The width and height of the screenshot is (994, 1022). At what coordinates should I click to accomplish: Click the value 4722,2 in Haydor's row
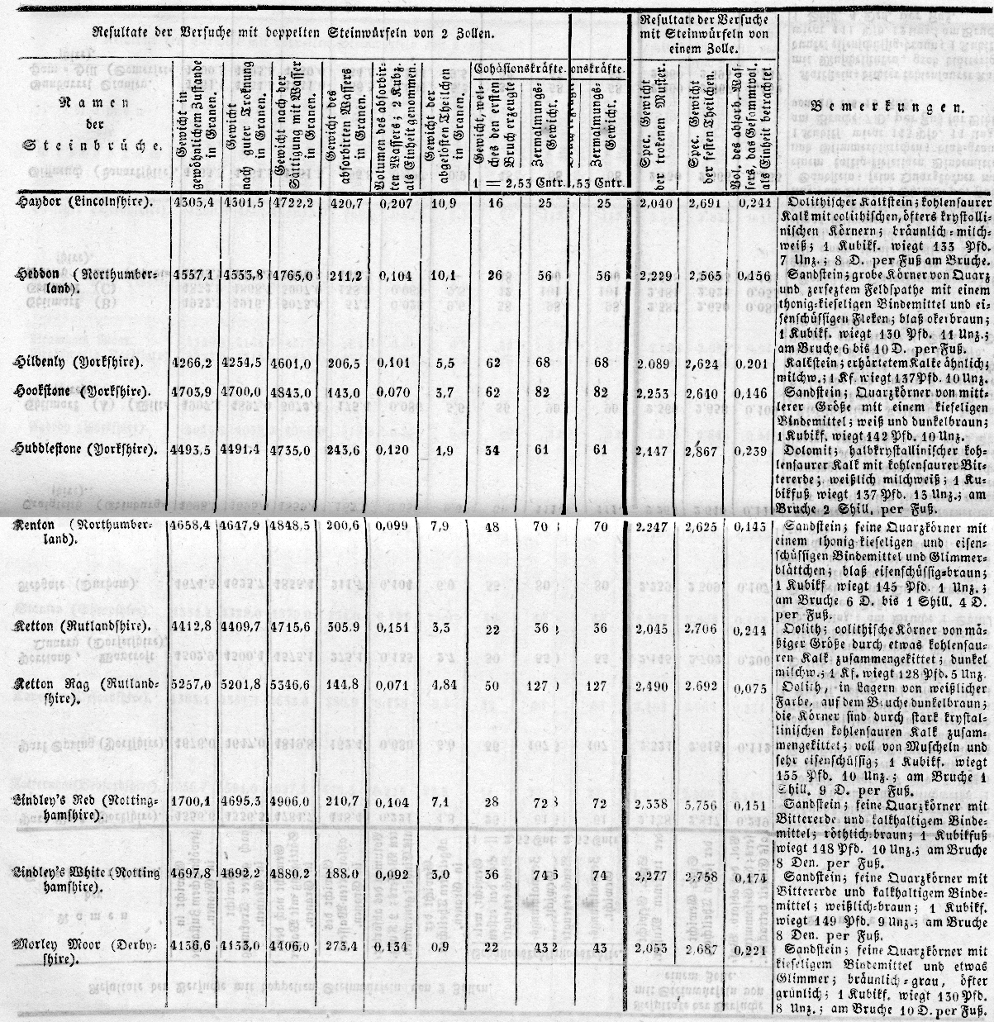click(x=291, y=201)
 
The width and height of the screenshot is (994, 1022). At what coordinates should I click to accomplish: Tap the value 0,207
click(x=393, y=201)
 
